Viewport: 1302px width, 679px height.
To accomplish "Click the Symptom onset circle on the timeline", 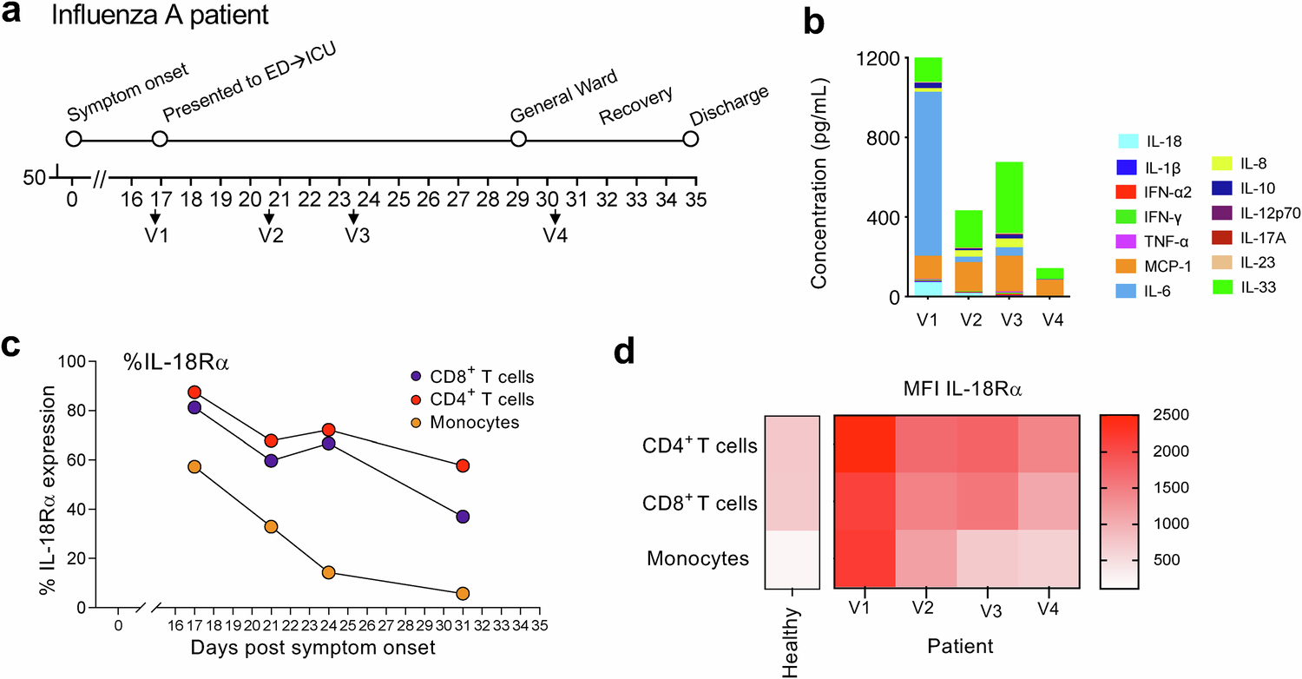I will click(x=73, y=139).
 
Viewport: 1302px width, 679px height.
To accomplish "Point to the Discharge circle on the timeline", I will click(x=690, y=139).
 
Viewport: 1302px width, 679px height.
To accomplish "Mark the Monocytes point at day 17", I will click(x=194, y=466).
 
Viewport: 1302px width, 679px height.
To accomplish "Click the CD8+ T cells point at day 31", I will click(x=463, y=517).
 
